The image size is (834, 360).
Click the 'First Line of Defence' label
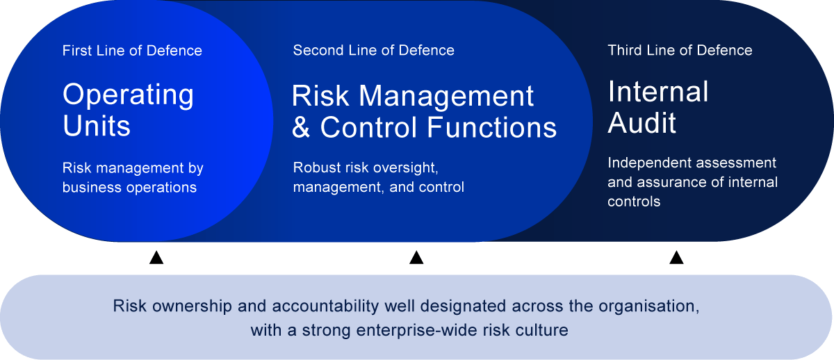click(x=132, y=51)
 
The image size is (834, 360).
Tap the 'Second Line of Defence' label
click(x=373, y=50)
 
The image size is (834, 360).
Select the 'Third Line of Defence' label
click(x=680, y=50)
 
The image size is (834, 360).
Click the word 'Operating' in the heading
click(x=128, y=95)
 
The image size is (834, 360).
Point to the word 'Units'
click(x=97, y=126)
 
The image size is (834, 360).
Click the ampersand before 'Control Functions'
click(x=301, y=127)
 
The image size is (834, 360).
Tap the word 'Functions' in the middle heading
click(x=492, y=127)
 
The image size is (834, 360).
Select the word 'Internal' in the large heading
click(x=658, y=91)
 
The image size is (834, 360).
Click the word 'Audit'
click(x=641, y=122)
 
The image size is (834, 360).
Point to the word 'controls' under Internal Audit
click(x=634, y=202)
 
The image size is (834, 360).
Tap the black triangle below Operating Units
click(x=156, y=258)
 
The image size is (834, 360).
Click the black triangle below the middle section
click(x=416, y=258)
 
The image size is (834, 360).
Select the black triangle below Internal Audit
click(x=676, y=258)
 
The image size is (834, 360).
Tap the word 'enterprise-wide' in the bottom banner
click(x=416, y=330)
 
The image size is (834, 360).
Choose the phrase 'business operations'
click(x=129, y=187)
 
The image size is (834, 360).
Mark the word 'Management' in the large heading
click(x=446, y=96)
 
